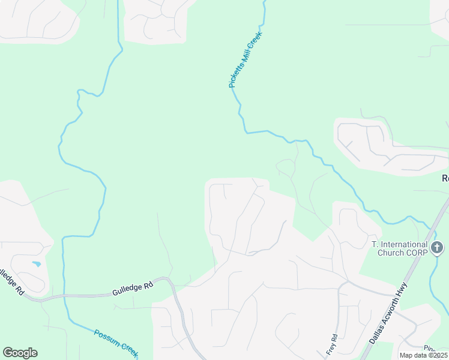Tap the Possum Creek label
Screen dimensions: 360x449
(x=116, y=340)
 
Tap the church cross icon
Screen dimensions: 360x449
(x=438, y=247)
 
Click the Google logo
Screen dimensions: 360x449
(x=20, y=353)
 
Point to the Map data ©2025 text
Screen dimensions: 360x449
(x=424, y=355)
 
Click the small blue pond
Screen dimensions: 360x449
(x=37, y=263)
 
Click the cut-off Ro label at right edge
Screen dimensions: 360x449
(x=445, y=178)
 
